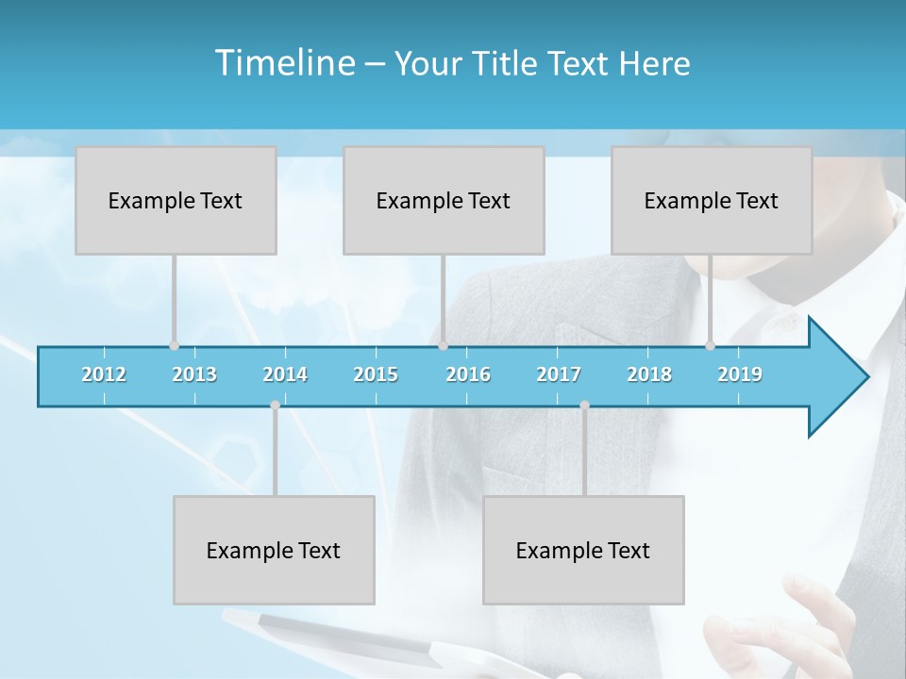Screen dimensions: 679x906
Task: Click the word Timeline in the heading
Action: pyautogui.click(x=283, y=63)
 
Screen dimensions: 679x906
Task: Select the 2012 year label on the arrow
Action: pyautogui.click(x=104, y=374)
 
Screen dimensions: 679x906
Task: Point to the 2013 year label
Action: pyautogui.click(x=194, y=374)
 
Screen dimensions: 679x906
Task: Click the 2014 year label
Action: pyautogui.click(x=285, y=374)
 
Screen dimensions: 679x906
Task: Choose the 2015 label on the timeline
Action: pyautogui.click(x=376, y=374)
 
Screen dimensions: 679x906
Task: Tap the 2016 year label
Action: pyautogui.click(x=468, y=374)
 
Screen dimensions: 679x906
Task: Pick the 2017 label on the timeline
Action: pyautogui.click(x=559, y=374)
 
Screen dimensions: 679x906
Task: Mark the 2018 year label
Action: pyautogui.click(x=649, y=374)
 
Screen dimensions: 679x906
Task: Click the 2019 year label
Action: pyautogui.click(x=740, y=374)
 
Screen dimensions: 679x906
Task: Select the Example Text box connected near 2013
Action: pyautogui.click(x=176, y=200)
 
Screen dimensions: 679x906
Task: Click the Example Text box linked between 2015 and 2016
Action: pyautogui.click(x=444, y=200)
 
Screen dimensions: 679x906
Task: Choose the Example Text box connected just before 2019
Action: pyautogui.click(x=712, y=200)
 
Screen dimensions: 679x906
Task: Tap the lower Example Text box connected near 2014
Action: pyautogui.click(x=274, y=550)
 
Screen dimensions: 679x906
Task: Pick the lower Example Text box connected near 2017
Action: pyautogui.click(x=583, y=550)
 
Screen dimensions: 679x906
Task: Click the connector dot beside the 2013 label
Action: pyautogui.click(x=174, y=346)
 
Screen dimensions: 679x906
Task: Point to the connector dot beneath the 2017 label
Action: pyautogui.click(x=584, y=406)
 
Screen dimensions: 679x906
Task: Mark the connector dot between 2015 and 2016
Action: pyautogui.click(x=443, y=346)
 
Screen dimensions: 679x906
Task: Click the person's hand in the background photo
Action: pyautogui.click(x=821, y=622)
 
